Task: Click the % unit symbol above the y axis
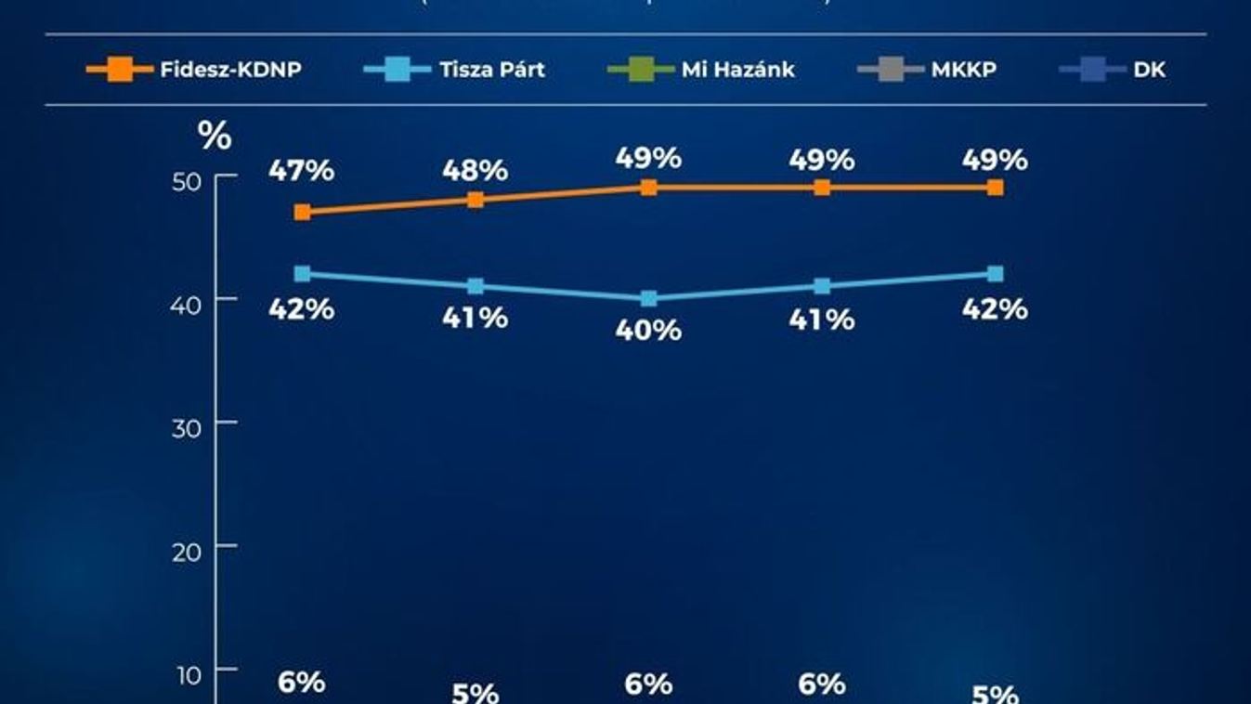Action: pyautogui.click(x=215, y=137)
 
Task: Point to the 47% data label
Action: pyautogui.click(x=302, y=172)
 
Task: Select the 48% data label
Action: pyautogui.click(x=476, y=171)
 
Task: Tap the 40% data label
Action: pyautogui.click(x=648, y=331)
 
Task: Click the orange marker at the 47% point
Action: pyautogui.click(x=303, y=212)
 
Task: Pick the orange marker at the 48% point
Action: pyautogui.click(x=476, y=200)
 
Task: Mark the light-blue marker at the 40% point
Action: pyautogui.click(x=648, y=298)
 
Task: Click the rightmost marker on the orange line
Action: pyautogui.click(x=995, y=188)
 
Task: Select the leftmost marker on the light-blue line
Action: pyautogui.click(x=303, y=274)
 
